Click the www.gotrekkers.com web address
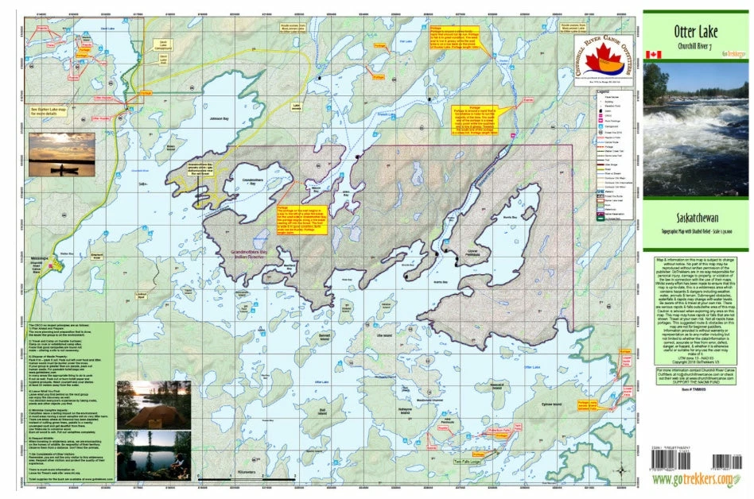pos(694,478)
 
